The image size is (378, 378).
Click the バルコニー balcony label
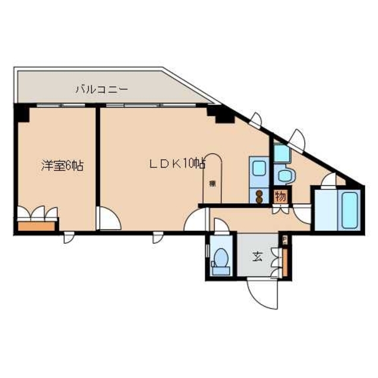coord(101,90)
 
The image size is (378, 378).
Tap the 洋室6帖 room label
coord(61,166)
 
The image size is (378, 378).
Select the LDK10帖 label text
coord(177,164)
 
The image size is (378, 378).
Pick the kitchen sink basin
coord(258,168)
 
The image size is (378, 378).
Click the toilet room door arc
coord(221,226)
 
